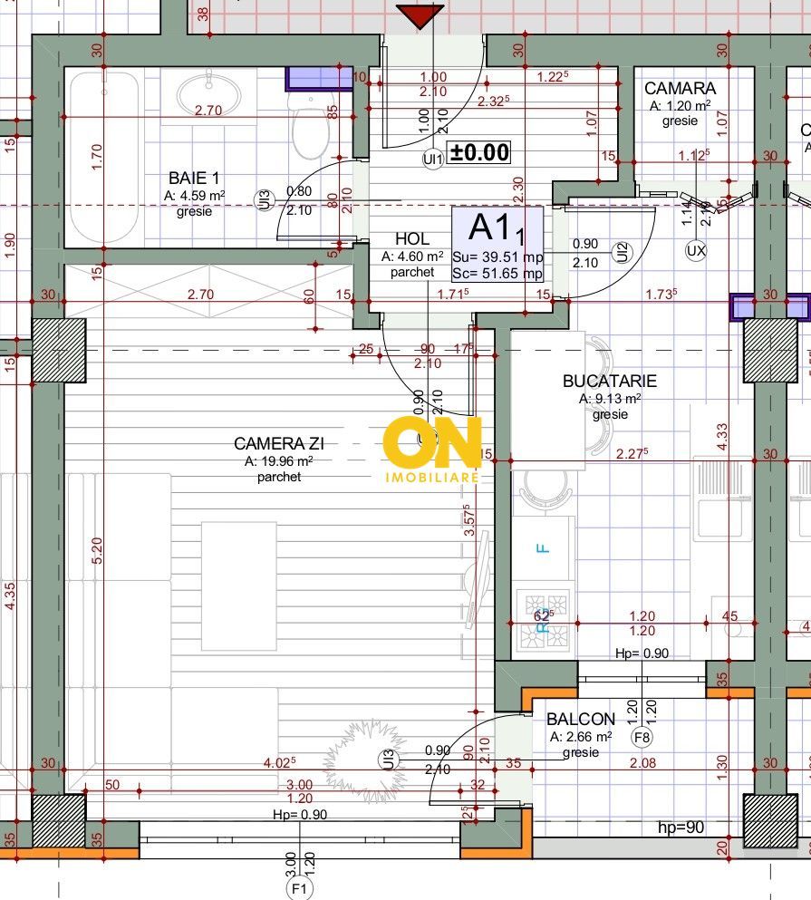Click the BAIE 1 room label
click(x=194, y=179)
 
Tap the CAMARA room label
click(x=680, y=89)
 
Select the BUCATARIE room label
click(x=609, y=382)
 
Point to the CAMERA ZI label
click(x=279, y=443)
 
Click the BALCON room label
click(x=581, y=719)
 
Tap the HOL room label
click(x=412, y=239)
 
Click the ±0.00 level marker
click(x=480, y=152)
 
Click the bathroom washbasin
click(x=208, y=94)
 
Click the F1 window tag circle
click(x=298, y=889)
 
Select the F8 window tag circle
click(x=642, y=737)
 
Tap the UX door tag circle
click(x=696, y=250)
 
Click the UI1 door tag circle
click(x=432, y=160)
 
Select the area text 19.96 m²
click(x=279, y=460)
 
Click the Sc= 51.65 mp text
click(x=497, y=273)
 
